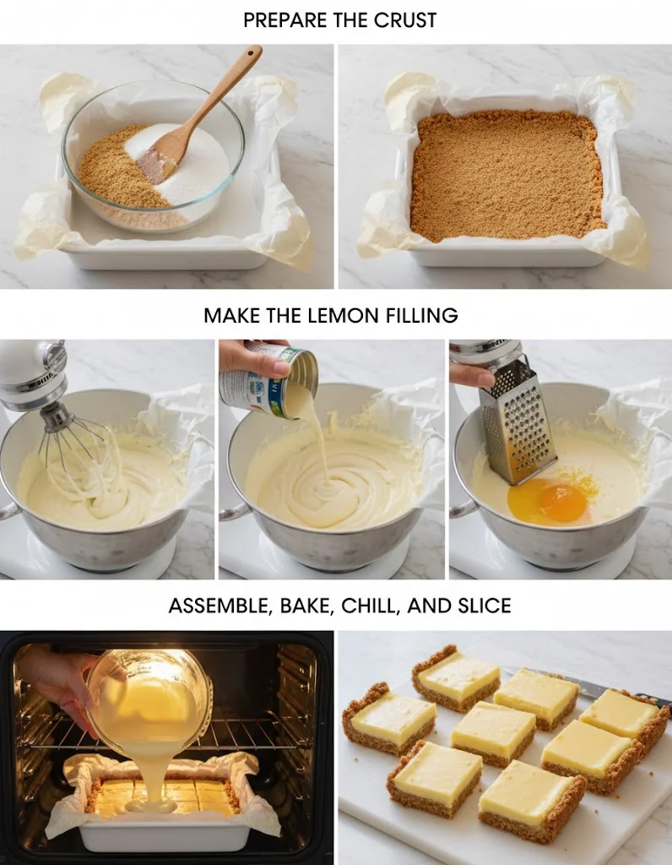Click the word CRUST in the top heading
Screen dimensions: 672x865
[x=405, y=20]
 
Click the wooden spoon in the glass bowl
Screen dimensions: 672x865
[x=198, y=115]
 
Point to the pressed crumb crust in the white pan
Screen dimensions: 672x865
[x=507, y=175]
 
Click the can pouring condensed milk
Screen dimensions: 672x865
[x=269, y=382]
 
